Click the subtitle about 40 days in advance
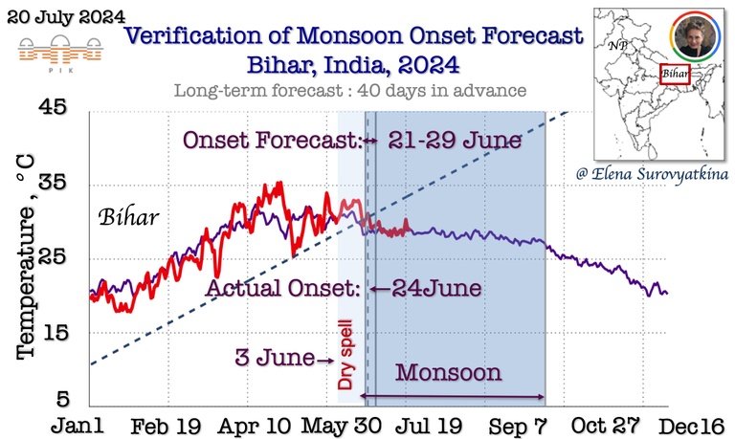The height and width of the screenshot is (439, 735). [350, 91]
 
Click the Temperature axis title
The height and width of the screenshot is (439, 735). [29, 259]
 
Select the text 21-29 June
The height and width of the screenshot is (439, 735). [455, 142]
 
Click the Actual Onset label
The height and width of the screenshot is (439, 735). [284, 287]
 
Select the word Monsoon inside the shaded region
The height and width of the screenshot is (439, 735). [448, 373]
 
